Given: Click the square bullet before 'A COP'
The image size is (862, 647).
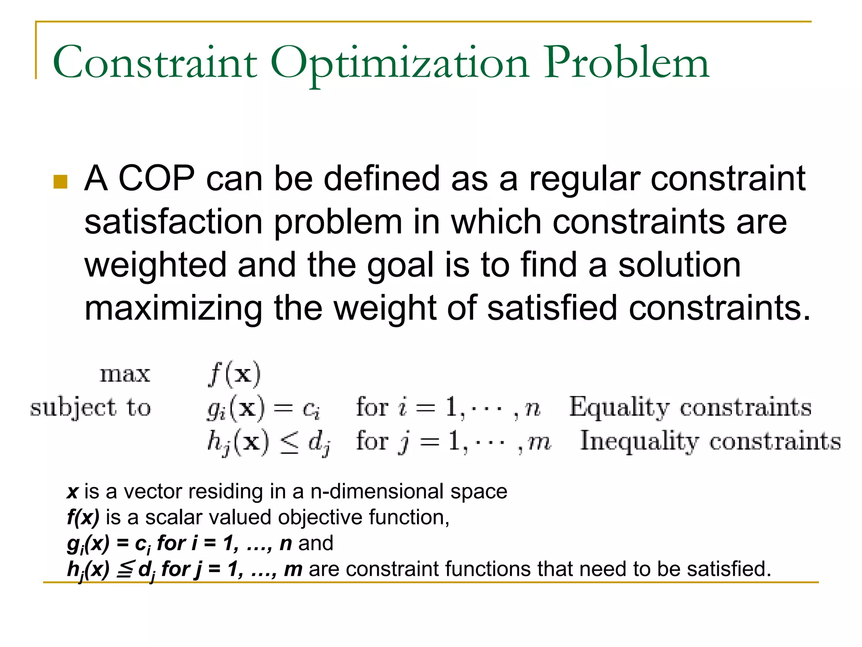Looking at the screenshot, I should [61, 182].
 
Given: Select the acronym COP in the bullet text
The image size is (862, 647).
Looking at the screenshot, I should [156, 179].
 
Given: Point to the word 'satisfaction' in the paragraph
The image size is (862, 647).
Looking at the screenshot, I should [174, 222].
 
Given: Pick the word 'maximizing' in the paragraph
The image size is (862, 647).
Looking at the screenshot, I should [173, 308].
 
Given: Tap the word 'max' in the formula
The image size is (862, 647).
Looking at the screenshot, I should [125, 374].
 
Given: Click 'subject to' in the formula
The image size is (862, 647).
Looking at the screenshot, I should [90, 408].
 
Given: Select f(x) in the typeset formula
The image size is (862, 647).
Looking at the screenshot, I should [235, 374].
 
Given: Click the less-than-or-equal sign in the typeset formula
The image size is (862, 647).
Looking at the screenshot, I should [289, 443].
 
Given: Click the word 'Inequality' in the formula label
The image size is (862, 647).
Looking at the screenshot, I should [639, 441].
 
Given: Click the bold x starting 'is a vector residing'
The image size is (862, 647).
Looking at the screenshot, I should [73, 492].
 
